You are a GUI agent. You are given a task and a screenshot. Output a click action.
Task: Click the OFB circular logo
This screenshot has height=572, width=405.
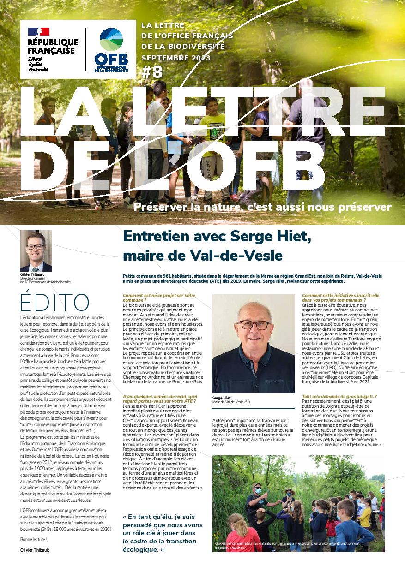[x=111, y=41]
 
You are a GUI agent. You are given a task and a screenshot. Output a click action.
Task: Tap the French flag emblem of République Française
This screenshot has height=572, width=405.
[x=39, y=31]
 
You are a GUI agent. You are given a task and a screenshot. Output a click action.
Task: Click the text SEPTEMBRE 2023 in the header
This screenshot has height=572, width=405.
[x=175, y=58]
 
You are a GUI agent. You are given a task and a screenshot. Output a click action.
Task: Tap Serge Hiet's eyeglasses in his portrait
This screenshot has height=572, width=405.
[x=254, y=325]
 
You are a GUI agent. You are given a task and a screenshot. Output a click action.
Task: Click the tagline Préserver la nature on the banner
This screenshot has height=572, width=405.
[x=262, y=207]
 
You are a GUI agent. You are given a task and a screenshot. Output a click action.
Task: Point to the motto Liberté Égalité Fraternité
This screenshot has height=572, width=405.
[x=38, y=65]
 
